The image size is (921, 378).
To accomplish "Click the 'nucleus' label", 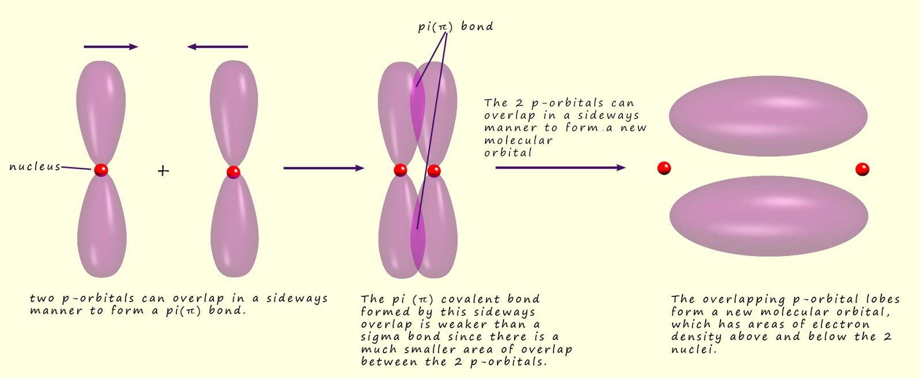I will (35, 167).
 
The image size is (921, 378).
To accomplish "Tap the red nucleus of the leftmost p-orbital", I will (101, 170).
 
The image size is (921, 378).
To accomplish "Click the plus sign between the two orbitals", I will (163, 171).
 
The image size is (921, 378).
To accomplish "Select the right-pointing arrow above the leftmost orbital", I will (111, 47).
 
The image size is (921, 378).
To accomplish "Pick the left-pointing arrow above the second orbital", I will (218, 47).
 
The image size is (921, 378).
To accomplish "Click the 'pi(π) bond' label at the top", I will (455, 26).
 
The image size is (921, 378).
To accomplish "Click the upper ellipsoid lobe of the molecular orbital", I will (768, 116).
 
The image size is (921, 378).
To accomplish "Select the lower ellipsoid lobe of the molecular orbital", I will (768, 216).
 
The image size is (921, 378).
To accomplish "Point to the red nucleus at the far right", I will (862, 169).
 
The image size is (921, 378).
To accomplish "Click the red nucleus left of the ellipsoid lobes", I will (664, 168).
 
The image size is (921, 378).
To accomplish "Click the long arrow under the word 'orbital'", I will (560, 168).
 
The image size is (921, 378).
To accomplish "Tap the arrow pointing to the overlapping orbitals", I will (324, 168).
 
